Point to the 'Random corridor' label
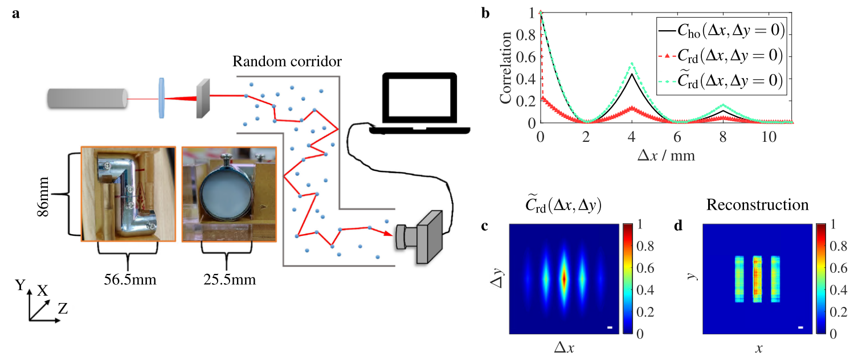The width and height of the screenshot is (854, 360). coord(288,61)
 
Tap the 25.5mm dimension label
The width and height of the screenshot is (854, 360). coord(227,280)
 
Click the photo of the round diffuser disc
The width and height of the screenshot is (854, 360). coord(227,194)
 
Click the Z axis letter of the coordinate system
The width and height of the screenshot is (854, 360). coord(63,309)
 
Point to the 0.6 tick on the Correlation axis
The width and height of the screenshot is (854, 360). coord(528,56)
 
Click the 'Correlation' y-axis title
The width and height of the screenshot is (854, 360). coord(505,67)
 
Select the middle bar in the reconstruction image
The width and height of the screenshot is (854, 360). coord(757,278)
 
